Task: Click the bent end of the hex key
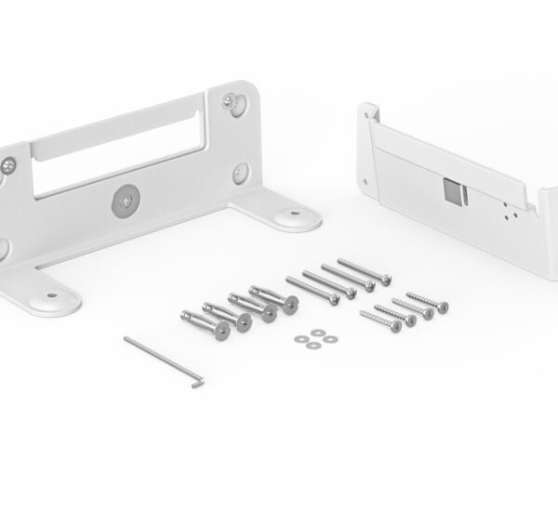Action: pos(196,381)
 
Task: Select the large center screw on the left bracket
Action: pos(126,200)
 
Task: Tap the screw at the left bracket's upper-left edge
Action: pos(8,165)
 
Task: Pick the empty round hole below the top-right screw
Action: pos(240,171)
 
